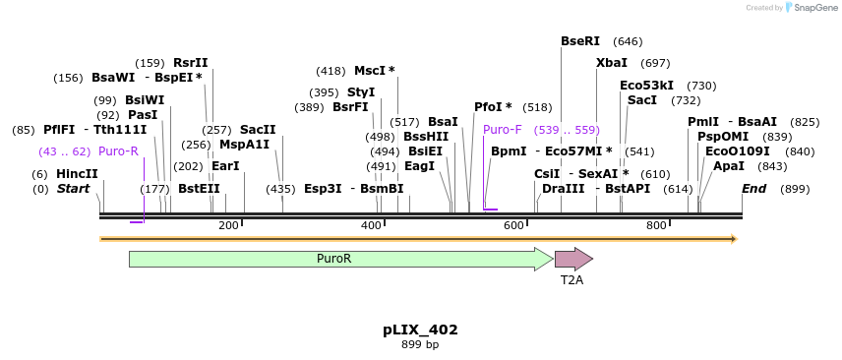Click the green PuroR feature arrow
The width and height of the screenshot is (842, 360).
[334, 259]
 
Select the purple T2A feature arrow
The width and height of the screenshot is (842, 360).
[572, 259]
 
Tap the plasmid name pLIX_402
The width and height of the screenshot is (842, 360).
[420, 330]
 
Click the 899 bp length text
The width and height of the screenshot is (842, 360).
[420, 345]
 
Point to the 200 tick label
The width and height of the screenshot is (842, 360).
[228, 226]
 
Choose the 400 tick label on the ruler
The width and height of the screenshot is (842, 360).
[371, 226]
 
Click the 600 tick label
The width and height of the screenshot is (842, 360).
[513, 226]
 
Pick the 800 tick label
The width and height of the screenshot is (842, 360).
[656, 226]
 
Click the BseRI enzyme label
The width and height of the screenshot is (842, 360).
[580, 41]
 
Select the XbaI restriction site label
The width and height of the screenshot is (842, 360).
[612, 63]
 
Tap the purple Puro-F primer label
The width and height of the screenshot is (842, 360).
[503, 130]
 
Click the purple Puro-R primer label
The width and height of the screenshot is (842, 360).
[118, 151]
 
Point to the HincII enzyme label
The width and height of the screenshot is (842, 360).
[77, 174]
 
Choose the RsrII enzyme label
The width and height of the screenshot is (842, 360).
[191, 63]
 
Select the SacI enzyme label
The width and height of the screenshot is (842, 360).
[642, 100]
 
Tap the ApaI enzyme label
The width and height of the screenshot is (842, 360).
[729, 166]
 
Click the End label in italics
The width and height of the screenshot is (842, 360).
[753, 189]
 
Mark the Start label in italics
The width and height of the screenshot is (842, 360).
[73, 189]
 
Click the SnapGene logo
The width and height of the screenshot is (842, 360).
[808, 8]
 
